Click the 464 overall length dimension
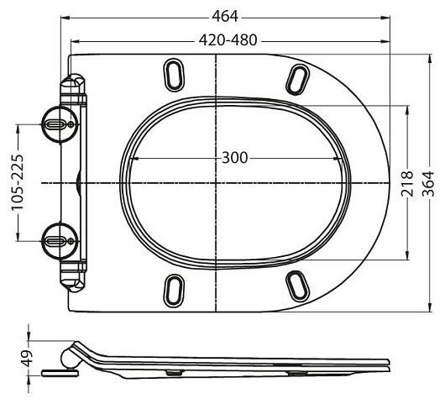[x=225, y=17]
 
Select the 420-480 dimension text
[x=228, y=40]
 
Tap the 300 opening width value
[x=235, y=158]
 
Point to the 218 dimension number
[x=407, y=183]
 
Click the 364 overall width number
[x=428, y=183]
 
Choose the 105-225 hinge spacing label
[x=17, y=182]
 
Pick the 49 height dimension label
[x=27, y=359]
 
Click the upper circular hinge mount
[x=60, y=124]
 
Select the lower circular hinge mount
[x=60, y=241]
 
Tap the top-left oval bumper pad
[x=174, y=75]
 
